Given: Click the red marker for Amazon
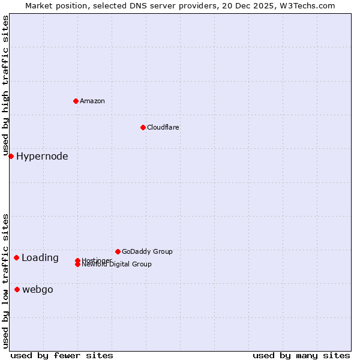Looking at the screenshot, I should pos(76,101).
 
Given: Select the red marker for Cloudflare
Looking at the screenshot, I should pos(143,127).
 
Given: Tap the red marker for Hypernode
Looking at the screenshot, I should pos(11,156).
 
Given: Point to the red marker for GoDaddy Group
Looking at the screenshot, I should pos(118,251).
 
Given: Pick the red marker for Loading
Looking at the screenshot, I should pos(16,257).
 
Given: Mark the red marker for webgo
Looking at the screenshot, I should pos(17,289).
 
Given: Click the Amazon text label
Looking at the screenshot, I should pos(92,101).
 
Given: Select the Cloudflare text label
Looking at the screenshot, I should pos(163,127).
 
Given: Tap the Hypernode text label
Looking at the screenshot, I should pos(42,157).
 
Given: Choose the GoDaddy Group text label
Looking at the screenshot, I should pos(147,251).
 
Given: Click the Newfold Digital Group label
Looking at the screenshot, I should pos(117,265).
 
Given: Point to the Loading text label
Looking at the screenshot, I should pos(40,258).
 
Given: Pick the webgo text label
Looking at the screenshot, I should pos(38,290).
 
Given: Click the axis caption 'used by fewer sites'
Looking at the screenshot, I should pos(62,355).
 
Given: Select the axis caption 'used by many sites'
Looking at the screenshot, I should pos(301,355).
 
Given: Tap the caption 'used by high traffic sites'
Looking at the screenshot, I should pos(6,86).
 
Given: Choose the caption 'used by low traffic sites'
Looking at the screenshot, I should pos(6,281).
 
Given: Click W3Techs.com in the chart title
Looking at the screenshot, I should pos(305,5).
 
